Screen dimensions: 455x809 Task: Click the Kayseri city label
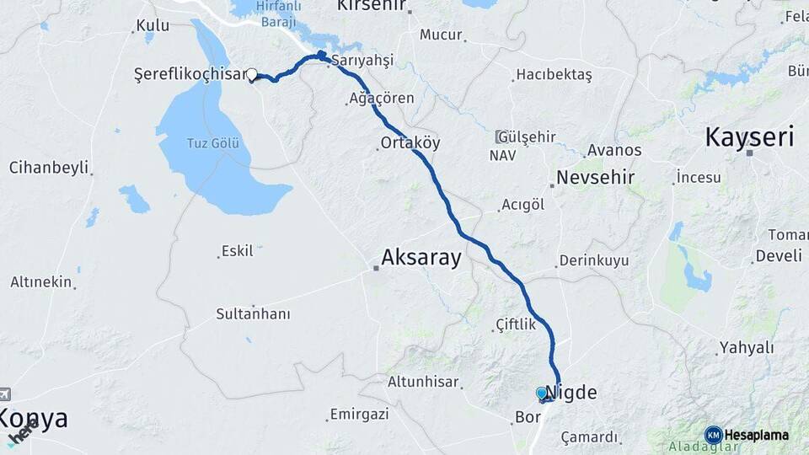coord(750,136)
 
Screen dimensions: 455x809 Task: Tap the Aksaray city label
coord(421,258)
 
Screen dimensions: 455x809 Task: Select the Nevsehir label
coord(595,178)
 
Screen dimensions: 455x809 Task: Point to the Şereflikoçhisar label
coord(190,74)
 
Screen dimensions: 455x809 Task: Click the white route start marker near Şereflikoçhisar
coord(252,74)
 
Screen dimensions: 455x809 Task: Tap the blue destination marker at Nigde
coord(542,393)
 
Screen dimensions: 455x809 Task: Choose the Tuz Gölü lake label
coord(211,143)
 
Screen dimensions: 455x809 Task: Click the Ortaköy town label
coord(410,143)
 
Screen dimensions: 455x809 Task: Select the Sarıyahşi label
coord(363,61)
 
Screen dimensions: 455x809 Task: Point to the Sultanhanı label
coord(253,314)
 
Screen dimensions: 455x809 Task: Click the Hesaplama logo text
coord(756,435)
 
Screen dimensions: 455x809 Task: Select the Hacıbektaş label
coord(555,75)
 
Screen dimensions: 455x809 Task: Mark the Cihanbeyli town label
coord(49,168)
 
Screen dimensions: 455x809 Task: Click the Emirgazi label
coord(360,414)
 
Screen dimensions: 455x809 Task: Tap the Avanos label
coord(614,151)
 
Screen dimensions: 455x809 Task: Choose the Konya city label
coord(34,419)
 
